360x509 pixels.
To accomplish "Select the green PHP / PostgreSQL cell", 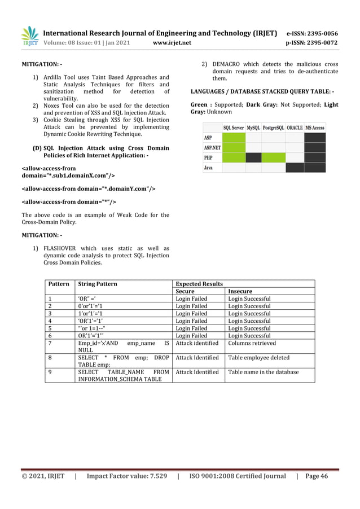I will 274,157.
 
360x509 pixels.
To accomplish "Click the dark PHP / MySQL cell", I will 253,157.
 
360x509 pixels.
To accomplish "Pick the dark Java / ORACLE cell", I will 295,168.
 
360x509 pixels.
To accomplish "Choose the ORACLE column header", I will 295,128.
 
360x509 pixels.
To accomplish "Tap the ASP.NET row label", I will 213,148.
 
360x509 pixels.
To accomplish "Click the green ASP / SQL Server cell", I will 234,138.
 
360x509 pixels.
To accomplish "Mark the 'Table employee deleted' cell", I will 258,357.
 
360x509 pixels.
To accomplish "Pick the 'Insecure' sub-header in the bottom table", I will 240,291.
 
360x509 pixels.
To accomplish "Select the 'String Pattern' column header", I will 98,284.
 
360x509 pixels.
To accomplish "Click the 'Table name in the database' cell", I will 263,372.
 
